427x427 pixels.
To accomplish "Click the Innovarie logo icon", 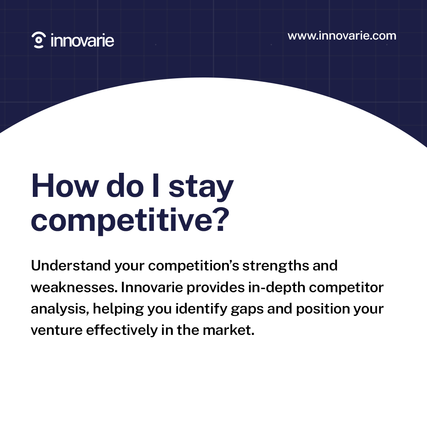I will (x=38, y=40).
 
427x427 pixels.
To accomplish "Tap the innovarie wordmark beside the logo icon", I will (x=82, y=40).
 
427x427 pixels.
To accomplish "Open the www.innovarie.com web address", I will (x=342, y=36).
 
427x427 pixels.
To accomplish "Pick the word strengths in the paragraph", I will (x=275, y=266).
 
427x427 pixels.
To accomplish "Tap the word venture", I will (x=56, y=331).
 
